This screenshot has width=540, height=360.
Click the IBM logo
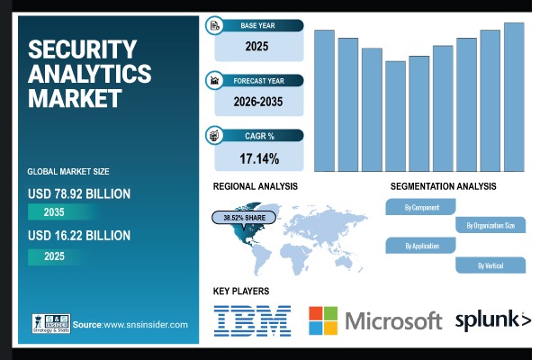[x=252, y=320]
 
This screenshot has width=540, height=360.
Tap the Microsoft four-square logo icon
[x=324, y=321]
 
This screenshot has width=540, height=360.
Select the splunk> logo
[x=492, y=319]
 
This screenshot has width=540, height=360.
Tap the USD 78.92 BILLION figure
[x=79, y=193]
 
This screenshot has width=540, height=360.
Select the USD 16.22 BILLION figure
[x=79, y=235]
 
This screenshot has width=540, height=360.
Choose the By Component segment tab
[x=421, y=208]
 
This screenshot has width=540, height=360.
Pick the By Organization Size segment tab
[x=490, y=226]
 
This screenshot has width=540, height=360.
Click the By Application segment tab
[x=421, y=246]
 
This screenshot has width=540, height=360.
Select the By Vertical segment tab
[x=490, y=265]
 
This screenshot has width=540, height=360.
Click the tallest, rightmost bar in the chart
[x=514, y=96]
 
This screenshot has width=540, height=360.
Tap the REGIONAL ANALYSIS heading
[x=256, y=186]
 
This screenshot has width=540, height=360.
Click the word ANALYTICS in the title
[x=90, y=73]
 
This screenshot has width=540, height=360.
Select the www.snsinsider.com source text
[x=144, y=325]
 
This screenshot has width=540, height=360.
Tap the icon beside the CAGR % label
[x=214, y=136]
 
